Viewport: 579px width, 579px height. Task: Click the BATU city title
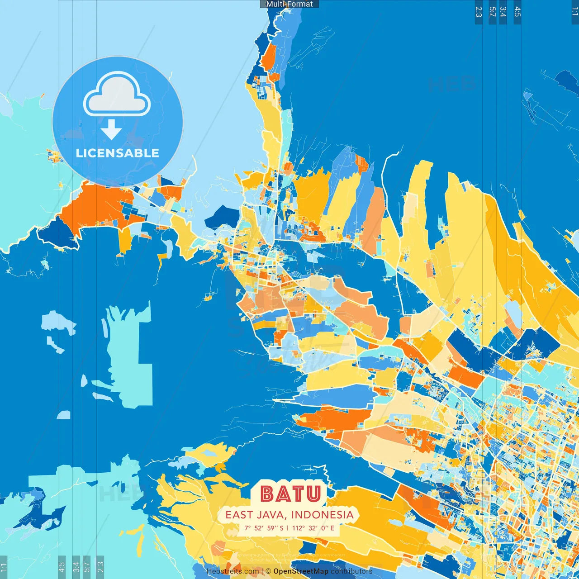pos(291,494)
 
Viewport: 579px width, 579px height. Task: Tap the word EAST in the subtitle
pos(239,515)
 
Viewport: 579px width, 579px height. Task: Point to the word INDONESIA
pos(322,515)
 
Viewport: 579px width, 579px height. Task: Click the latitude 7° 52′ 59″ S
pos(264,528)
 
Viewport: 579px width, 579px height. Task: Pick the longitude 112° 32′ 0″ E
pos(313,528)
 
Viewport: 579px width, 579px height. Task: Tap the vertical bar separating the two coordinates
pos(288,528)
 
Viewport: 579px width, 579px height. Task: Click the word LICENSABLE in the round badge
pos(118,153)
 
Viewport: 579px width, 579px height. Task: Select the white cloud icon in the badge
pos(117,95)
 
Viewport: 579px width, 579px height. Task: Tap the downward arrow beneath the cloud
pos(111,130)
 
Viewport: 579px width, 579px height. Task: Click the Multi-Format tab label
pos(289,4)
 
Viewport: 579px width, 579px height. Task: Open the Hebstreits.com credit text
pos(233,571)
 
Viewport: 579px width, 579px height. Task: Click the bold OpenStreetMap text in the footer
pos(301,571)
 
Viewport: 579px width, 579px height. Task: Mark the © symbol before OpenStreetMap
pos(268,571)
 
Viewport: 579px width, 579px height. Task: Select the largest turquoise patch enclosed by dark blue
pos(129,357)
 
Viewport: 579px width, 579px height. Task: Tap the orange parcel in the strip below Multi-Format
pos(269,57)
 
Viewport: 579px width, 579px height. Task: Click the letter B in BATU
pos(267,494)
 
